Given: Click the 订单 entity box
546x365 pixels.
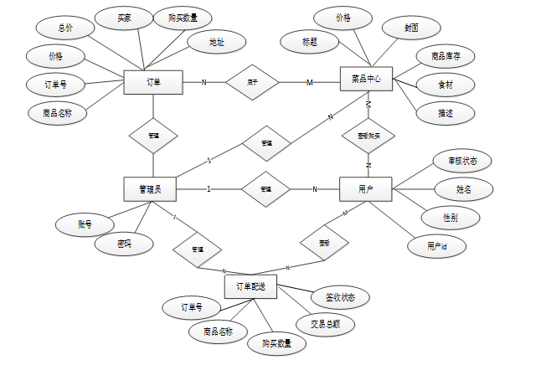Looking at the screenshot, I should click(x=153, y=82).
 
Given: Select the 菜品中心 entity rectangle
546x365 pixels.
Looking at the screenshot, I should click(x=366, y=80).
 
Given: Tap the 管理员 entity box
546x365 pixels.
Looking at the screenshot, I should click(x=149, y=189).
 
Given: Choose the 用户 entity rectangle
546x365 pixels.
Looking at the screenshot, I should click(x=366, y=189).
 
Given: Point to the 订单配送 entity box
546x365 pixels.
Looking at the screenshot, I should click(x=250, y=287).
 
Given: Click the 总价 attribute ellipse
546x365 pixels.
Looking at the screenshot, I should click(x=64, y=27).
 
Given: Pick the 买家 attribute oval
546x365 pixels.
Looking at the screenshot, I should click(x=123, y=18).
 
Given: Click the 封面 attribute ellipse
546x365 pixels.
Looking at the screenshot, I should click(x=411, y=27).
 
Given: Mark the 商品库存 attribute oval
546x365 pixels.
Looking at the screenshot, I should click(x=446, y=57).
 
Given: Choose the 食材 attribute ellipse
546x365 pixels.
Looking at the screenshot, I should click(x=446, y=85).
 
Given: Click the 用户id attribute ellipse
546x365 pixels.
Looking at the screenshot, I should click(x=436, y=246).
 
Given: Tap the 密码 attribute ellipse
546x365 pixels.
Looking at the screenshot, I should click(x=124, y=244).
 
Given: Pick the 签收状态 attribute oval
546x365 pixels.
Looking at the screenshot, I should click(x=339, y=297).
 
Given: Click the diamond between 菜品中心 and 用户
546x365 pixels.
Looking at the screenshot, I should click(x=367, y=134).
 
